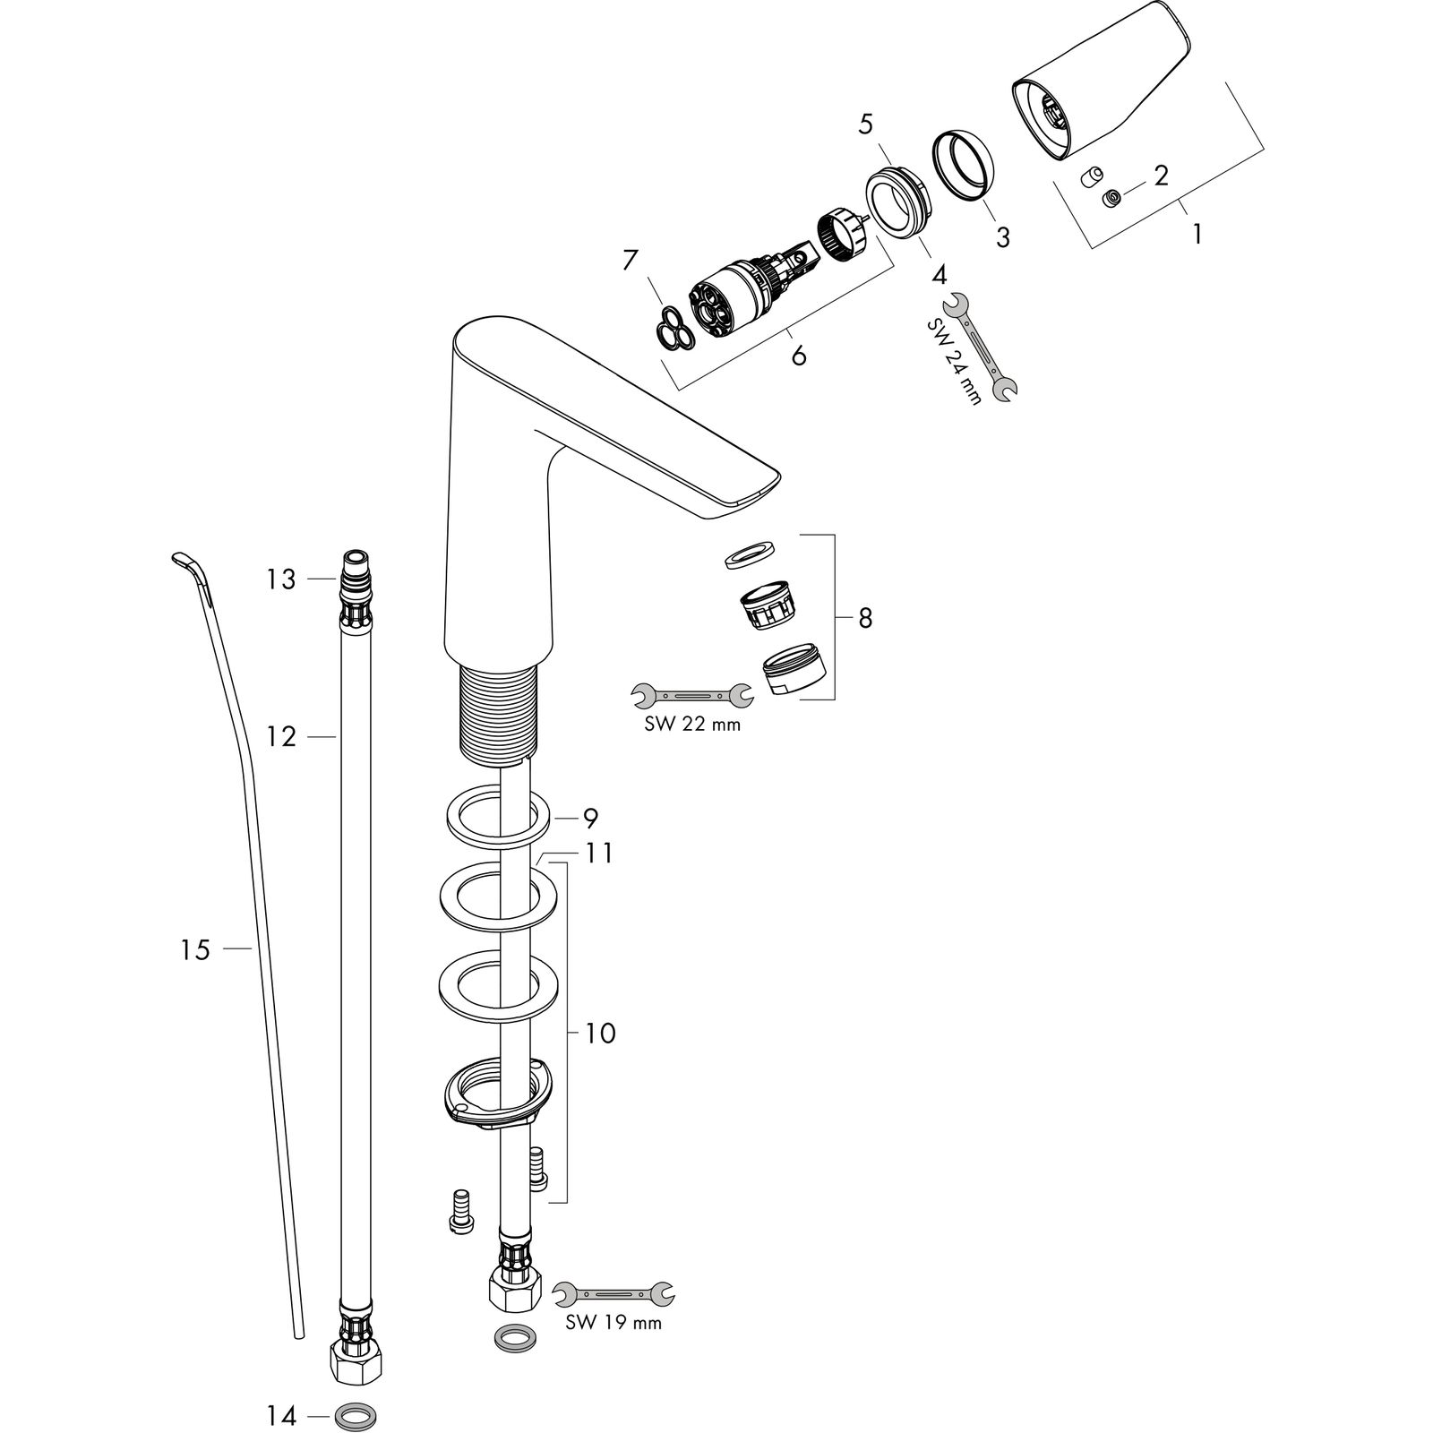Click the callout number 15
(194, 949)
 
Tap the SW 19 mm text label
(614, 1322)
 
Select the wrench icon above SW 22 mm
(691, 694)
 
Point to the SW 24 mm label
(954, 361)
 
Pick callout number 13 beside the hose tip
(280, 580)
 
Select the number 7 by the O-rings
(631, 261)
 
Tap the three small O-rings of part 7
(672, 327)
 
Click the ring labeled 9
(496, 815)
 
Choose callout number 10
(600, 1034)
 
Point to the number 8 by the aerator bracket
(864, 618)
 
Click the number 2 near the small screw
(1161, 176)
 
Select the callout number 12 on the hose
(280, 737)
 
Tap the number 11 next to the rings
(599, 854)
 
